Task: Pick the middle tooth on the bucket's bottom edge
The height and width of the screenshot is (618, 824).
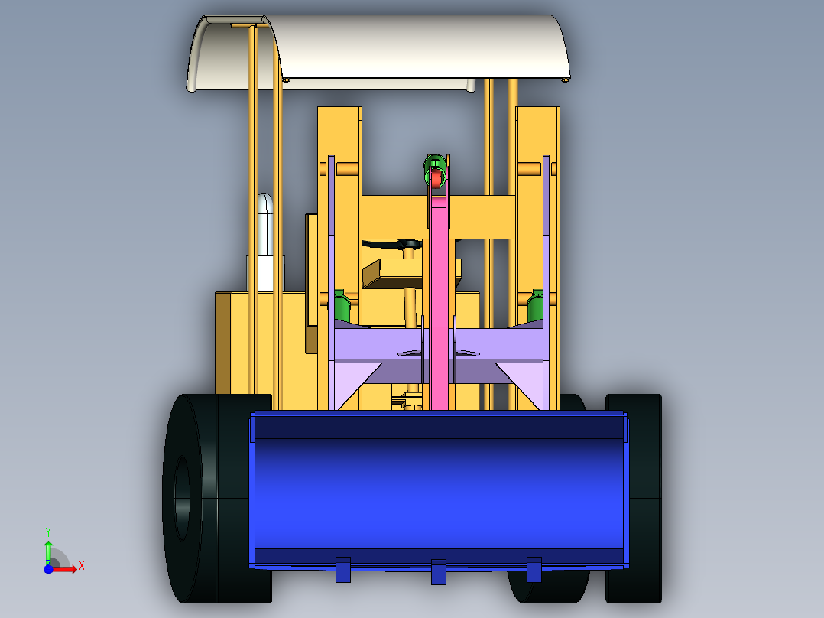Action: coord(438,572)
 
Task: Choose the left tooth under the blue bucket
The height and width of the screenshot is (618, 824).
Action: coord(342,570)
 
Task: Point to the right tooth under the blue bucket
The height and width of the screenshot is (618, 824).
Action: coord(534,570)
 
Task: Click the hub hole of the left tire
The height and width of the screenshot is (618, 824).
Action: coord(182,499)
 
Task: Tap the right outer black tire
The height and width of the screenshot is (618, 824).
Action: coord(634,498)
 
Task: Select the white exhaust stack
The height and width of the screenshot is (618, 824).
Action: coord(264,242)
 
